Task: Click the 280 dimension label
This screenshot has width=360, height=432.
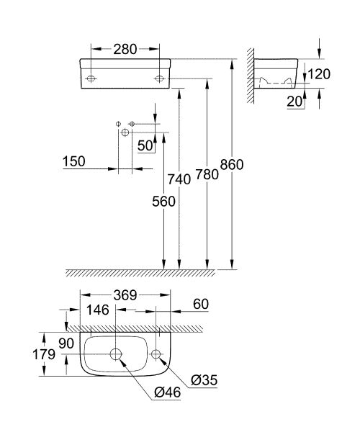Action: point(125,49)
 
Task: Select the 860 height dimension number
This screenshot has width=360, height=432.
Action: point(232,165)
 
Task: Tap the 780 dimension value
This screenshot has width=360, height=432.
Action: point(207,174)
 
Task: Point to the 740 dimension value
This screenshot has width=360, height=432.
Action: point(179,179)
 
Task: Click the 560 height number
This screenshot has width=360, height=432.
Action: point(163,202)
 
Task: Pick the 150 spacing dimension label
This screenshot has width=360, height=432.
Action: point(74,161)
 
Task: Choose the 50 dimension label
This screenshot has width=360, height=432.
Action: point(145,145)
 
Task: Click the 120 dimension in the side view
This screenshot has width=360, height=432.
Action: point(319,74)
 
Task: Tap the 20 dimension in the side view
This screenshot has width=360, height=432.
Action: point(294,102)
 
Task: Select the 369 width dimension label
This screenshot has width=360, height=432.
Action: point(125,296)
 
